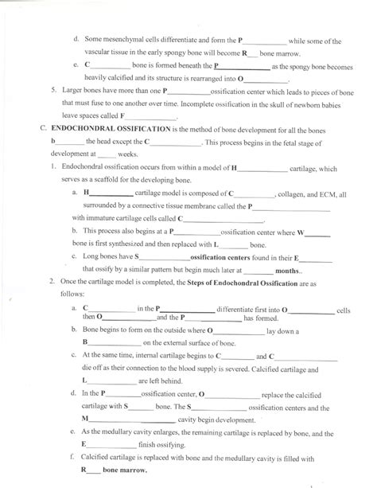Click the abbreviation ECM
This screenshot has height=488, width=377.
(332, 193)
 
